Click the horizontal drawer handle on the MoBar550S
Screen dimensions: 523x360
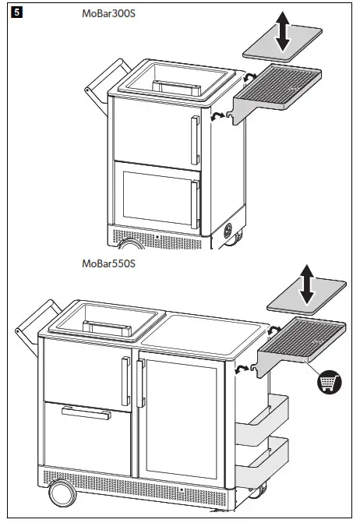pyautogui.click(x=86, y=412)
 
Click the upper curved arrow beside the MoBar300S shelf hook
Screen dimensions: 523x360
pyautogui.click(x=249, y=78)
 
